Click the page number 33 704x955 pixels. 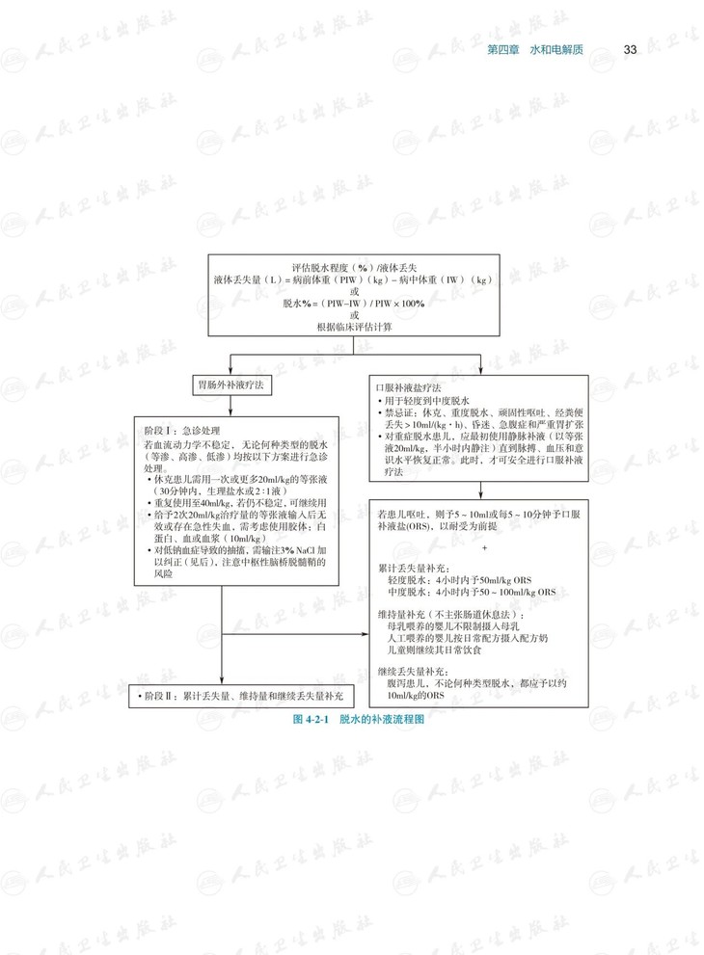[x=630, y=49]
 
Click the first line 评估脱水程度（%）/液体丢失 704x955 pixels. [x=354, y=265]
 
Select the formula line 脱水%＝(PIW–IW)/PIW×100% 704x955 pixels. [x=354, y=303]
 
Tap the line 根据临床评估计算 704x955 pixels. [x=354, y=328]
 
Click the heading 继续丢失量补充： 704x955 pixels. [x=414, y=671]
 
